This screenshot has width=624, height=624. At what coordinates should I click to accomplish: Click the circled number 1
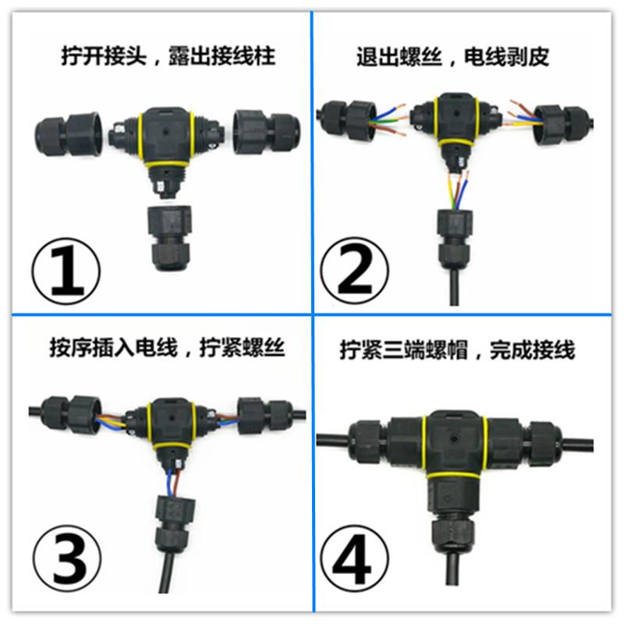point(66,271)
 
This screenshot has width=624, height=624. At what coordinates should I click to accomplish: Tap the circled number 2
point(354,271)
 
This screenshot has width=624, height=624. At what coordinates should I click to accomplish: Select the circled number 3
point(67,558)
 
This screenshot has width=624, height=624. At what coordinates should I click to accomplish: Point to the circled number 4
point(354,558)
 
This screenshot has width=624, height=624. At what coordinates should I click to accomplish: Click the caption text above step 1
point(168,55)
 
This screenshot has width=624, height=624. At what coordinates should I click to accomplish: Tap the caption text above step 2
point(453,57)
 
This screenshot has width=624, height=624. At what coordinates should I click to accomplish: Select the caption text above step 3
point(167,348)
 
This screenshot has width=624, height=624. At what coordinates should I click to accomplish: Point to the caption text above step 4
point(458,350)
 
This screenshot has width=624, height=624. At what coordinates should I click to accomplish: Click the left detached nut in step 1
point(68,134)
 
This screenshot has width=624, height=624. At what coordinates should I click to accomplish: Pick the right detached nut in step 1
point(267,132)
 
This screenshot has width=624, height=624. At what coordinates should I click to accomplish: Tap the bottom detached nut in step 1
point(170,238)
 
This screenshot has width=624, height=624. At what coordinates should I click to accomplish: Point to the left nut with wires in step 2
point(349,120)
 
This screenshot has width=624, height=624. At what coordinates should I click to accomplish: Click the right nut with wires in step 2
point(562,124)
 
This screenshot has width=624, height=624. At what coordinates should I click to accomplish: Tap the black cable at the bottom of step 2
point(454,285)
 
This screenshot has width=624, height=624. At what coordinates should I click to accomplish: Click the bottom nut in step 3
point(175,523)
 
